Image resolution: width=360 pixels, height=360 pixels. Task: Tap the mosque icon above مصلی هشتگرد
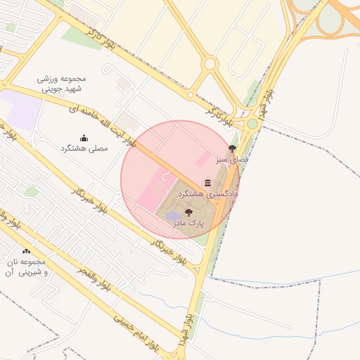point(84,138)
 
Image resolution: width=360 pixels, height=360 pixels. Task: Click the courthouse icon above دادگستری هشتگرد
point(207,183)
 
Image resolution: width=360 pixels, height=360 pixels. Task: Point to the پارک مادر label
point(188,222)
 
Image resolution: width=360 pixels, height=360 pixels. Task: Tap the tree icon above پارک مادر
point(188,212)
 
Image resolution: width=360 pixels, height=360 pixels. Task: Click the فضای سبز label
point(232,159)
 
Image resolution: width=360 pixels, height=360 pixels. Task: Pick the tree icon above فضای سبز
point(233,148)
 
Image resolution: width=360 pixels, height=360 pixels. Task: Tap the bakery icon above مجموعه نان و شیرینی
point(26,251)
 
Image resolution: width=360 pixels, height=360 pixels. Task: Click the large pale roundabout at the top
point(209,65)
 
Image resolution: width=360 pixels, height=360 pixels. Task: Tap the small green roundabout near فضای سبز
point(252,124)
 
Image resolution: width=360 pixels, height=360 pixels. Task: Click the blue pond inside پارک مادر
point(173,215)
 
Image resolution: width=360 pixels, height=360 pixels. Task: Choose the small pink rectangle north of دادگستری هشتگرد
point(202,158)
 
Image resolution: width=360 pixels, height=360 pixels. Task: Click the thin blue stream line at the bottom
point(281,285)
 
